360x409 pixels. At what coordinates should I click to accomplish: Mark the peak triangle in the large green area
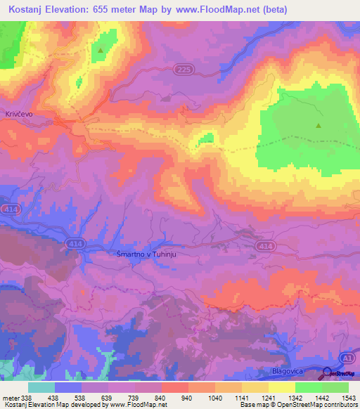coord(319,126)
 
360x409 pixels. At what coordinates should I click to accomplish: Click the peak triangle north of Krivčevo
coord(101,50)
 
